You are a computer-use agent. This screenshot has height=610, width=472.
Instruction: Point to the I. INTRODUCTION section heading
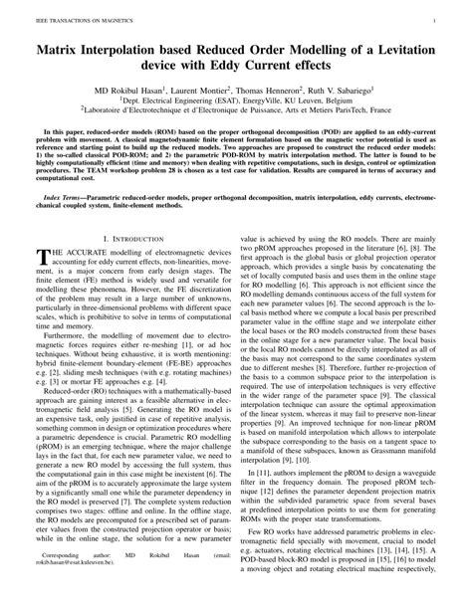129,268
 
